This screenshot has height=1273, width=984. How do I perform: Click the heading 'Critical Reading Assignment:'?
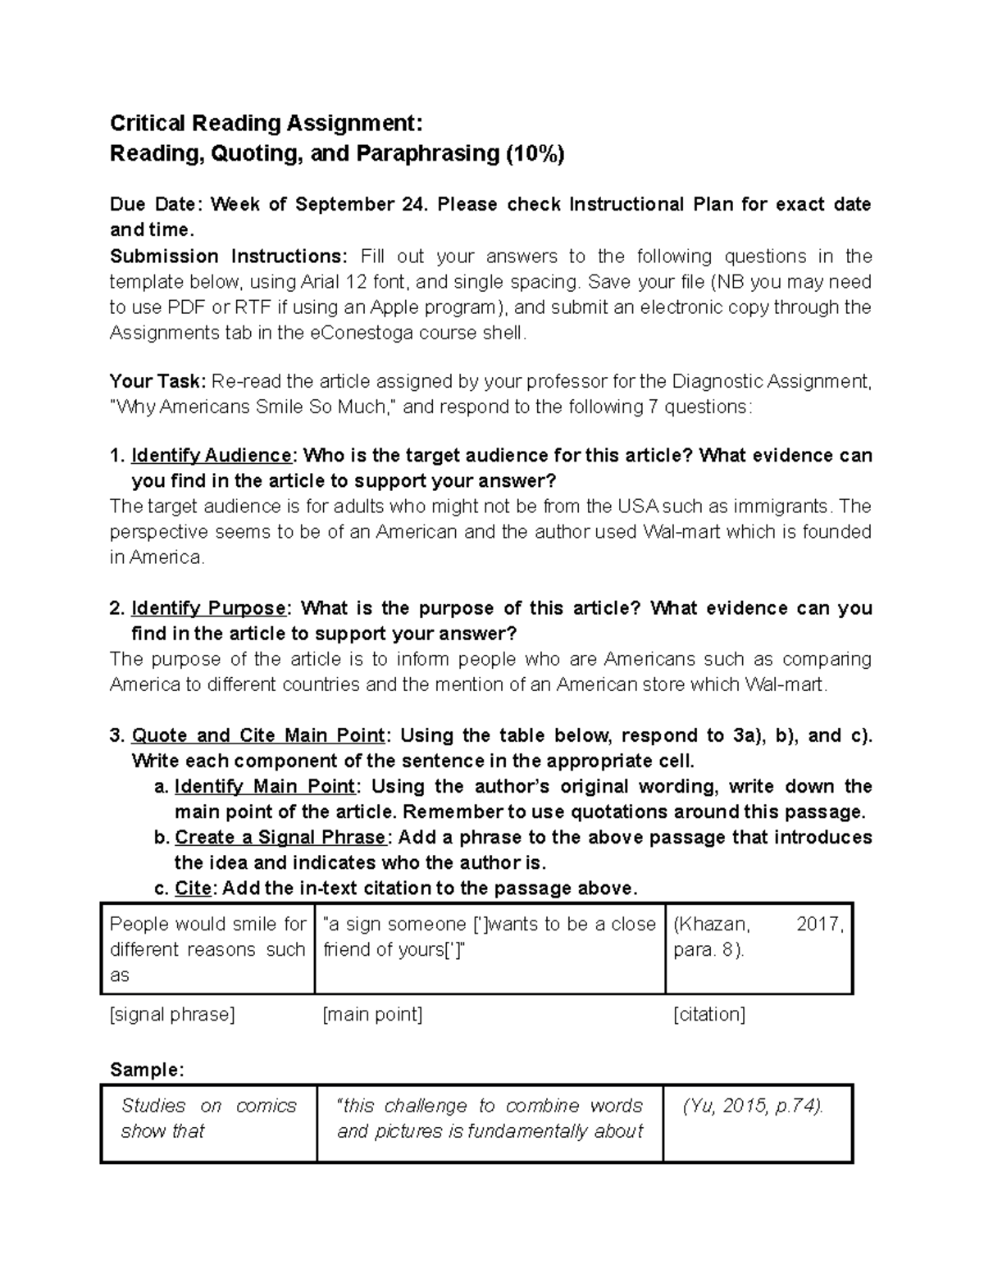point(266,124)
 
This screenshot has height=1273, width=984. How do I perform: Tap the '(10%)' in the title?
point(535,154)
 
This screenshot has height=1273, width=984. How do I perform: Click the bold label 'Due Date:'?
point(154,204)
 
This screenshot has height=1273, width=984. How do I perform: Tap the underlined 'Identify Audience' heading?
point(211,456)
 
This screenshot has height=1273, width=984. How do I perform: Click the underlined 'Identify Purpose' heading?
point(208,608)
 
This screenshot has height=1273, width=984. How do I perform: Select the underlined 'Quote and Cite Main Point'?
point(257,735)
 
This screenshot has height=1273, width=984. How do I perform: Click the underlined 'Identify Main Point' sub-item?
point(265,786)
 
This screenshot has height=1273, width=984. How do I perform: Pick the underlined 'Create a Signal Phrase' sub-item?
point(280,837)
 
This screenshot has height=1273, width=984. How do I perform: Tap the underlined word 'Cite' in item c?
point(193,889)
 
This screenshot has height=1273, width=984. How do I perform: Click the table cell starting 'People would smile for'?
point(207,949)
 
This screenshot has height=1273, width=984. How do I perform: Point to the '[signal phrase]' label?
point(172,1015)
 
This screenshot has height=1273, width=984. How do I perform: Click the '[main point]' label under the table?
point(373,1015)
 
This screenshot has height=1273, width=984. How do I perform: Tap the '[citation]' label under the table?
point(708,1015)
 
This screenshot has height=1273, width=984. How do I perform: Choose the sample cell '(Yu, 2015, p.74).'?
point(753,1106)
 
